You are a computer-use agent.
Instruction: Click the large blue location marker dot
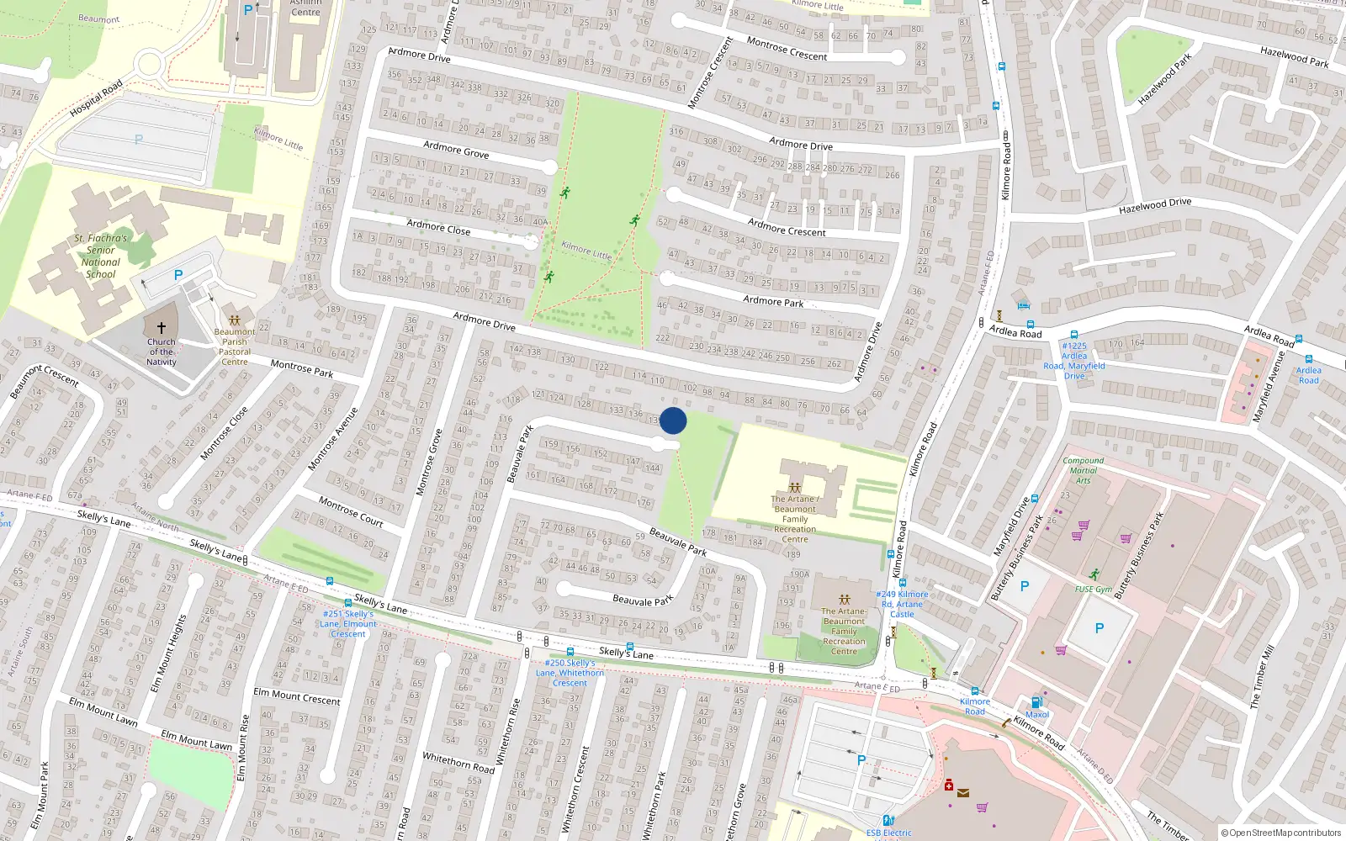point(673,420)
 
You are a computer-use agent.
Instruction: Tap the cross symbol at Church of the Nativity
point(161,327)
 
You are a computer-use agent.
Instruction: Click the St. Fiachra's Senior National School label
point(100,256)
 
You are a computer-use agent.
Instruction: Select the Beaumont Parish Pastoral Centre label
point(235,346)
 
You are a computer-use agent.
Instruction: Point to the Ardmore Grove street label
point(456,150)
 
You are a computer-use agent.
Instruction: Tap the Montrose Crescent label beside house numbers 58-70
point(787,49)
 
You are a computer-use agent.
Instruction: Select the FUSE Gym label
point(1093,590)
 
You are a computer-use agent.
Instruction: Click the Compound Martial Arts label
point(1083,470)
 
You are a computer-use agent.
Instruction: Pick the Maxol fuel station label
point(1037,714)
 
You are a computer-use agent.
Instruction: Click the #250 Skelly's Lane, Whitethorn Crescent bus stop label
point(570,673)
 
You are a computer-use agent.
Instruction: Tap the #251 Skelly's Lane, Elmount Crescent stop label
point(348,624)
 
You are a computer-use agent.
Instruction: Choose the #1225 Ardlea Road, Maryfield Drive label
point(1074,361)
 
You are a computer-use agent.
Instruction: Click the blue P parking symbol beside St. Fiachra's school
point(178,275)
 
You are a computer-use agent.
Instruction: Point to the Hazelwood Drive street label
point(1155,205)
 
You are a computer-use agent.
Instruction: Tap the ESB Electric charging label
point(889,833)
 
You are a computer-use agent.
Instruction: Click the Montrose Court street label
point(351,511)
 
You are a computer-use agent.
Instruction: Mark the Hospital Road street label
point(96,98)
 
